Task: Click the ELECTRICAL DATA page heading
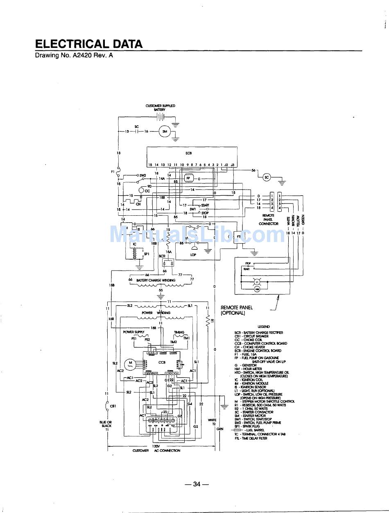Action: [89, 44]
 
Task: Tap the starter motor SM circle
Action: [165, 131]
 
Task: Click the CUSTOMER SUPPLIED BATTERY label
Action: [160, 108]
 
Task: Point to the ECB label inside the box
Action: [189, 153]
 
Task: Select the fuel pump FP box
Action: [189, 179]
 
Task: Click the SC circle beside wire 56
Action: [267, 177]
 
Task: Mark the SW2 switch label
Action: [143, 175]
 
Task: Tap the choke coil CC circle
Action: [142, 191]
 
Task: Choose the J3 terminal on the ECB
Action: [233, 165]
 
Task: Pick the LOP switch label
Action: [193, 255]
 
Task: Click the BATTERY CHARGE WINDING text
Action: [156, 280]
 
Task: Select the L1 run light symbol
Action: [258, 282]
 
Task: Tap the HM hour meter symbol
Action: [258, 289]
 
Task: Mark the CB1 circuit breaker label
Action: [113, 406]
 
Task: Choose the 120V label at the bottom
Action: [156, 446]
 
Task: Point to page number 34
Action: [197, 484]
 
